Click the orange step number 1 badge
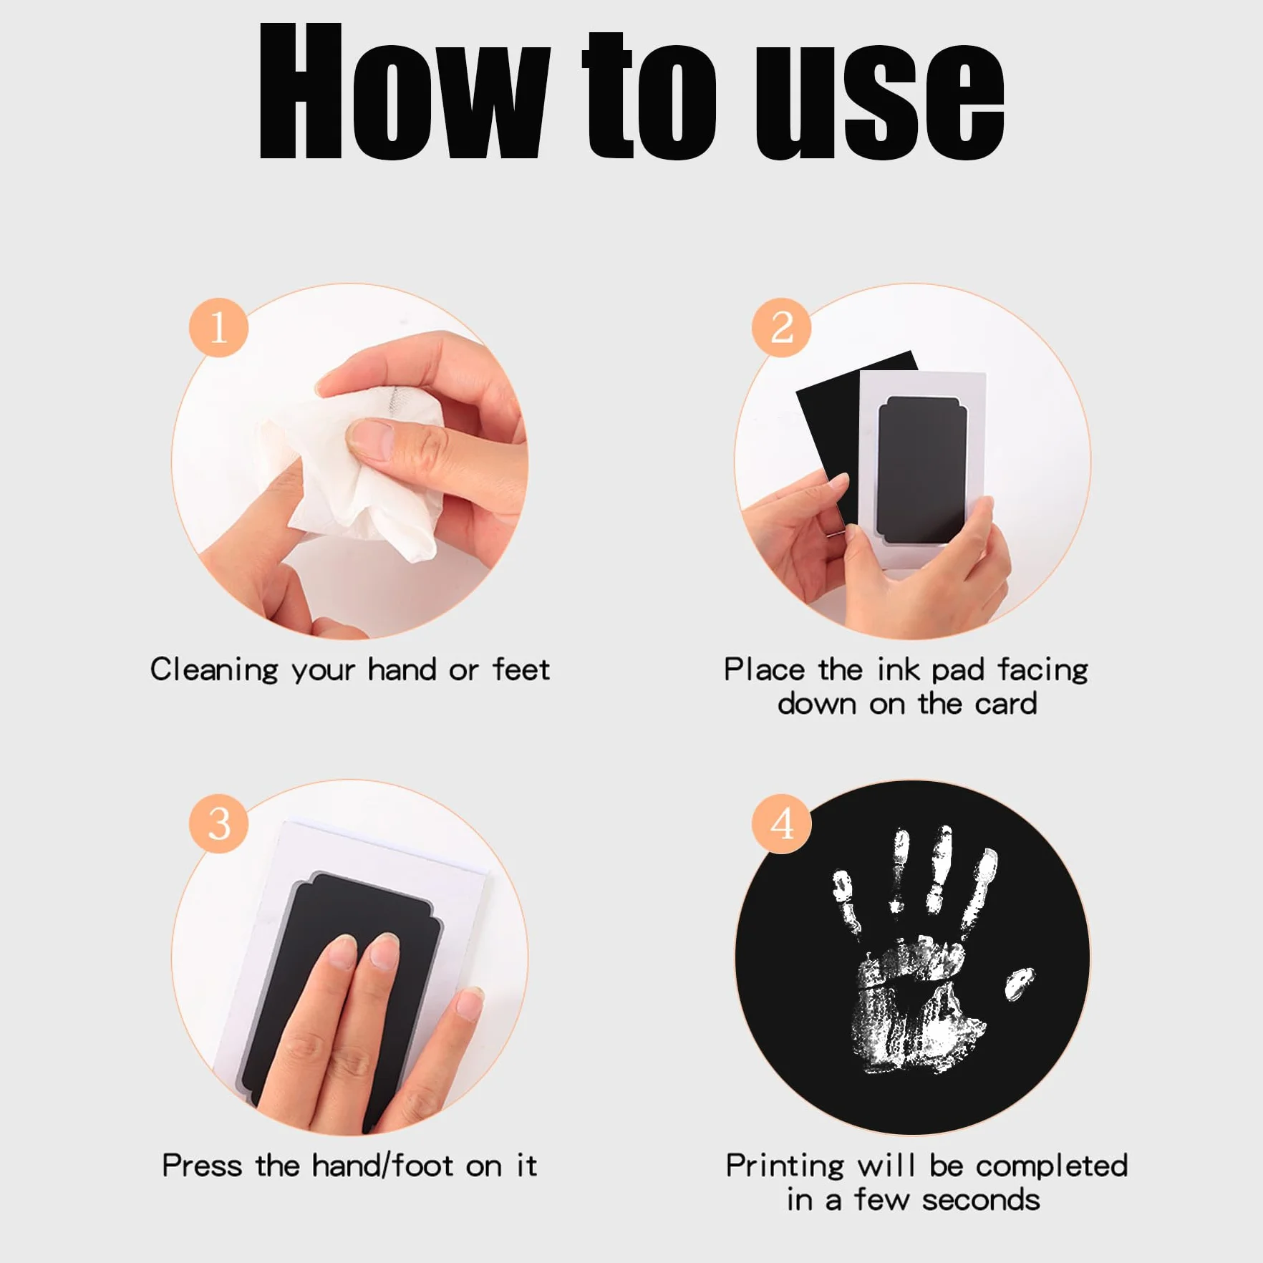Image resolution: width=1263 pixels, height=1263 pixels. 218,327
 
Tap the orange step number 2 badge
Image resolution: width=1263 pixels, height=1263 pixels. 781,327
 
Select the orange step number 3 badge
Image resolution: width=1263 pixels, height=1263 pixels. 218,823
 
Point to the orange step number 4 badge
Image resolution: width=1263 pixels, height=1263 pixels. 781,823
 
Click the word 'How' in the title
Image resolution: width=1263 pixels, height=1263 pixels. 405,91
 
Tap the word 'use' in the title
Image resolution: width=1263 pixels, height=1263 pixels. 881,100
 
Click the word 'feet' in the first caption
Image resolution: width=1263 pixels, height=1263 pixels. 521,669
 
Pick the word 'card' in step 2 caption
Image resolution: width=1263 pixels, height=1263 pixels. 1005,704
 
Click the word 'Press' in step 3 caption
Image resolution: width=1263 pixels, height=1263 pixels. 202,1166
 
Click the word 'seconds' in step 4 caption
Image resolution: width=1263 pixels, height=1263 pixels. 980,1200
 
